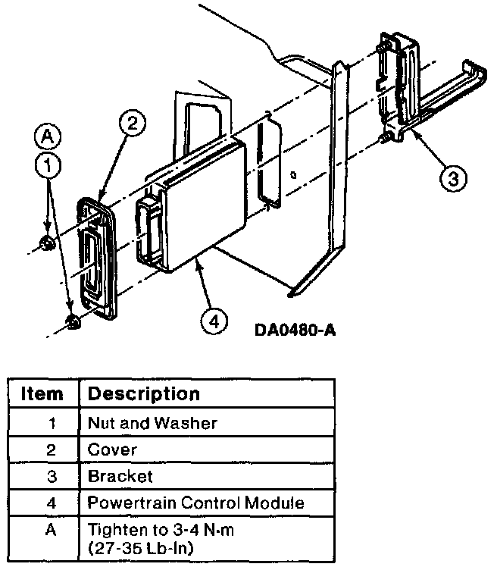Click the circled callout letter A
coord(47,137)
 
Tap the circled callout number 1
coord(48,165)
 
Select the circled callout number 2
coord(133,123)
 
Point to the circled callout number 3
coord(453,179)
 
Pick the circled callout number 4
coord(214,321)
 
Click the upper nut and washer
coord(47,243)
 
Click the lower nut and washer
coord(73,322)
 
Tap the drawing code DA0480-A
coord(295,330)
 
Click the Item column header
coord(42,393)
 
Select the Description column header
coord(144,394)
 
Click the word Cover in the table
coord(112,450)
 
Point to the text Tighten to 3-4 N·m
coord(161,530)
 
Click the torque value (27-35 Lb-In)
coord(141,549)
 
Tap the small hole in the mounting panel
coord(293,175)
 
